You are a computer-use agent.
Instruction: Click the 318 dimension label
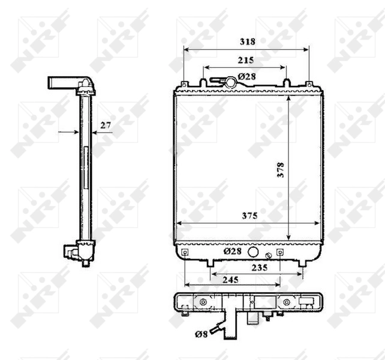click(247, 41)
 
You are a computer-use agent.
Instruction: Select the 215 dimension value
click(246, 60)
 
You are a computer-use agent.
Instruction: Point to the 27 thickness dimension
click(106, 125)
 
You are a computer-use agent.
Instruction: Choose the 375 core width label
click(249, 217)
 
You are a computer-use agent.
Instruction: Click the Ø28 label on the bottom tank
click(233, 251)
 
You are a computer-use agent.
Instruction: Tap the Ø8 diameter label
click(201, 334)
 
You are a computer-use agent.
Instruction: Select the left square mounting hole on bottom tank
click(185, 253)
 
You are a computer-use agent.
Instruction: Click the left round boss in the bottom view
click(203, 302)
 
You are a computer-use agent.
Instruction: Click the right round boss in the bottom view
click(287, 302)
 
